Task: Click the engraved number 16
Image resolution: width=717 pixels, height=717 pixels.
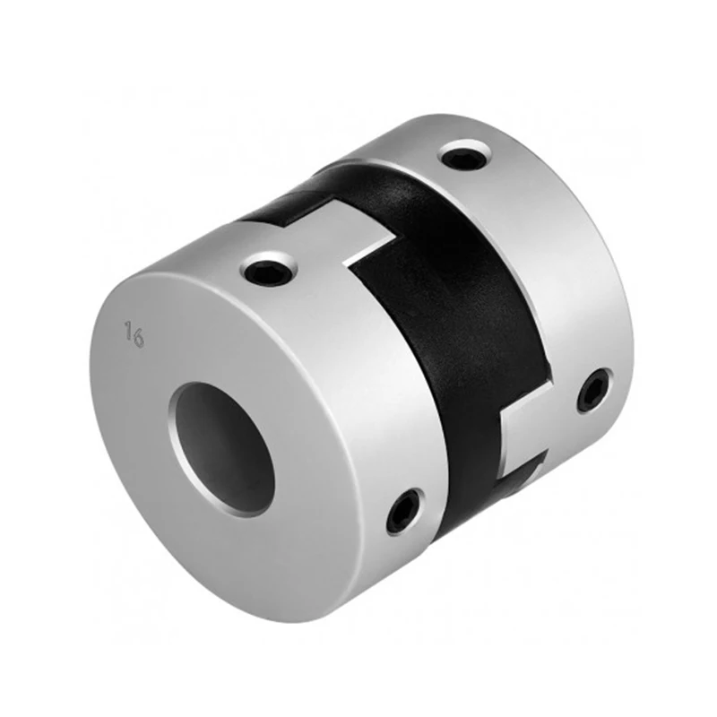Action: click(135, 336)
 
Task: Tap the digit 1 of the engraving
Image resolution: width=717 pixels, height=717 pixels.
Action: click(129, 333)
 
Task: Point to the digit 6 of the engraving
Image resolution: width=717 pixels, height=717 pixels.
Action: click(141, 339)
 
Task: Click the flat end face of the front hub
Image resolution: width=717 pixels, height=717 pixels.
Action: click(179, 538)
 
